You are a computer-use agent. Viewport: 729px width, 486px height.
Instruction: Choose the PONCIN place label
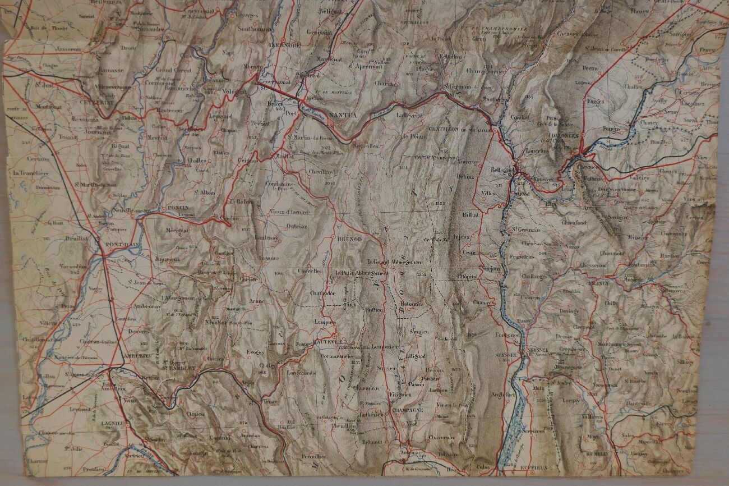179,207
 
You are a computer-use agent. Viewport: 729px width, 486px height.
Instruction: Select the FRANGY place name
599,284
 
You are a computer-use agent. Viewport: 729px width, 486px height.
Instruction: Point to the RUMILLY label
596,453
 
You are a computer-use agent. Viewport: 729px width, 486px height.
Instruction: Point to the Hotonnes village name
412,304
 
